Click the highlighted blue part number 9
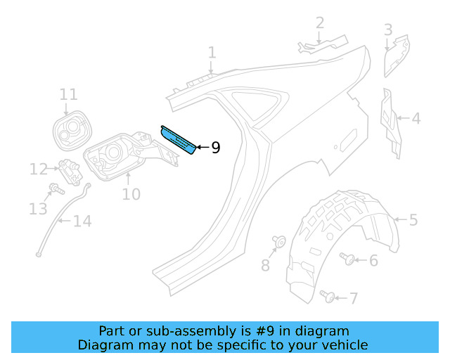179,140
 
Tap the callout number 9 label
215,148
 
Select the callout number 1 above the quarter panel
212,53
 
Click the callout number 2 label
320,23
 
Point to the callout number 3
388,30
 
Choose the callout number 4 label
416,118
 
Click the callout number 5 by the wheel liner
413,220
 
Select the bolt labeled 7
328,296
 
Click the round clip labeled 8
278,243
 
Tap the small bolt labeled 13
54,188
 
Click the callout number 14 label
82,222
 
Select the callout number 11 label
68,94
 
